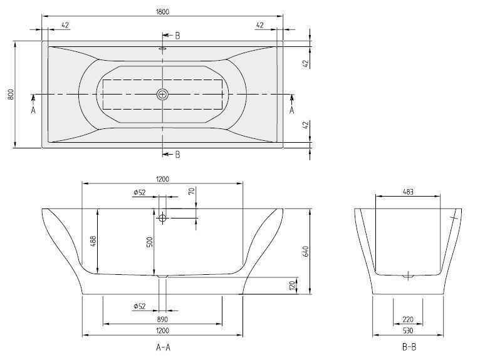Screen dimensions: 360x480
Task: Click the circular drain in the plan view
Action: [x=162, y=94]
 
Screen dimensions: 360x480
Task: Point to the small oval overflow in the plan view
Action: [x=162, y=48]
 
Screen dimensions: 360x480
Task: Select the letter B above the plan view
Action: [x=177, y=36]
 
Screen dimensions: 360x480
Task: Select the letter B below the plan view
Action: [x=177, y=154]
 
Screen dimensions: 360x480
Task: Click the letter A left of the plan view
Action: [x=33, y=110]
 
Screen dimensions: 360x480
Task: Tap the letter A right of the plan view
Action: [x=291, y=110]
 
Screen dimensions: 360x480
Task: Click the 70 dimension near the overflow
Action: [x=191, y=191]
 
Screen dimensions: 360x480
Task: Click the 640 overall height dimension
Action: [x=306, y=250]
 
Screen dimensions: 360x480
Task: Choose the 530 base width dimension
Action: [x=408, y=330]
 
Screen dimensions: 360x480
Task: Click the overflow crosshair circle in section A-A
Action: [x=163, y=217]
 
